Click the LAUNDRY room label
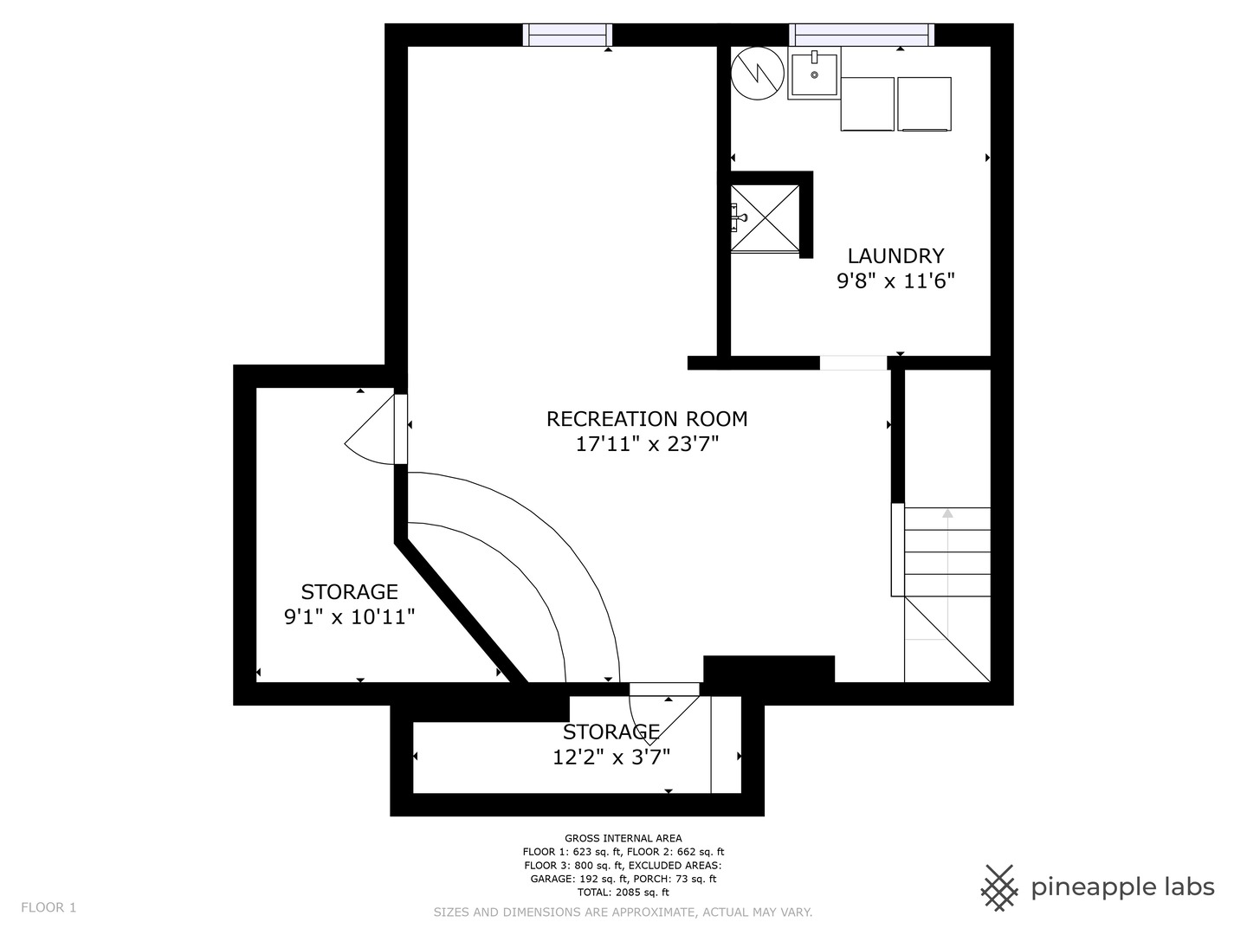pyautogui.click(x=895, y=256)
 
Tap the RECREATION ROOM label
pyautogui.click(x=647, y=419)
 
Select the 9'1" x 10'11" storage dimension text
pyautogui.click(x=349, y=616)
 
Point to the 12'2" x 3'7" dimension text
pyautogui.click(x=611, y=757)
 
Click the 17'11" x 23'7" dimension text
pyautogui.click(x=647, y=444)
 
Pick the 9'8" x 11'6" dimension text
pyautogui.click(x=895, y=281)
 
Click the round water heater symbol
pyautogui.click(x=757, y=74)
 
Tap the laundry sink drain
pyautogui.click(x=814, y=75)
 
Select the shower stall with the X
pyautogui.click(x=765, y=218)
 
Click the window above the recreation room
pyautogui.click(x=567, y=35)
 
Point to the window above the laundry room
pyautogui.click(x=862, y=35)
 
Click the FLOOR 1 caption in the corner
pyautogui.click(x=48, y=907)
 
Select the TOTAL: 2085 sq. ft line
pyautogui.click(x=623, y=892)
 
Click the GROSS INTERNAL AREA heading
pyautogui.click(x=623, y=838)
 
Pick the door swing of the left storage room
pyautogui.click(x=369, y=429)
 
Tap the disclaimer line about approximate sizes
pyautogui.click(x=623, y=912)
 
